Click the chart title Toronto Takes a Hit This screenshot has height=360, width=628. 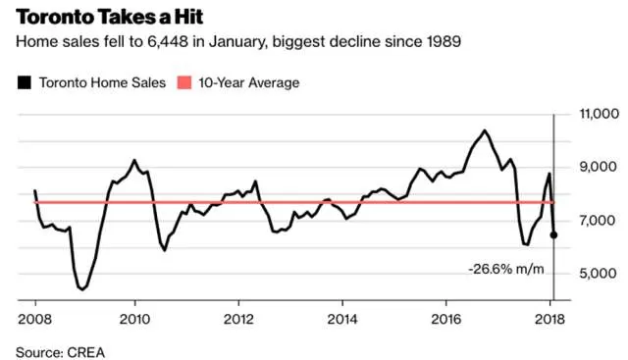tap(110, 17)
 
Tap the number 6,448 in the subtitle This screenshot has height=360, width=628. tap(168, 41)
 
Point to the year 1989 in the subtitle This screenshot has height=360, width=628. tap(443, 41)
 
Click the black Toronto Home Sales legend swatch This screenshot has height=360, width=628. tap(24, 82)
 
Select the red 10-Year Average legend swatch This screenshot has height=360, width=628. tap(183, 82)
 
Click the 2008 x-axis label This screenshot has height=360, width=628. tap(35, 319)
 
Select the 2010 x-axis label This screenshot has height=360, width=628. tap(135, 319)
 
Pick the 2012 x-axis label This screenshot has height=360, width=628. tap(238, 319)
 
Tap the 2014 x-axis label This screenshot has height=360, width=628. tap(342, 319)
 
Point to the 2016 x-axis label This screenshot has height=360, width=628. tap(446, 319)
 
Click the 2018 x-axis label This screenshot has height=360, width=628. tap(549, 319)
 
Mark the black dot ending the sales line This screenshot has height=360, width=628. tap(553, 235)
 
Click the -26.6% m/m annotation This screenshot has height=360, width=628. tap(506, 269)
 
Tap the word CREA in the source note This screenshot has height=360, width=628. tap(86, 352)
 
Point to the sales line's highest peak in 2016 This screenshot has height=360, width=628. tap(485, 130)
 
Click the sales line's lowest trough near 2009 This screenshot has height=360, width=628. tap(82, 288)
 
